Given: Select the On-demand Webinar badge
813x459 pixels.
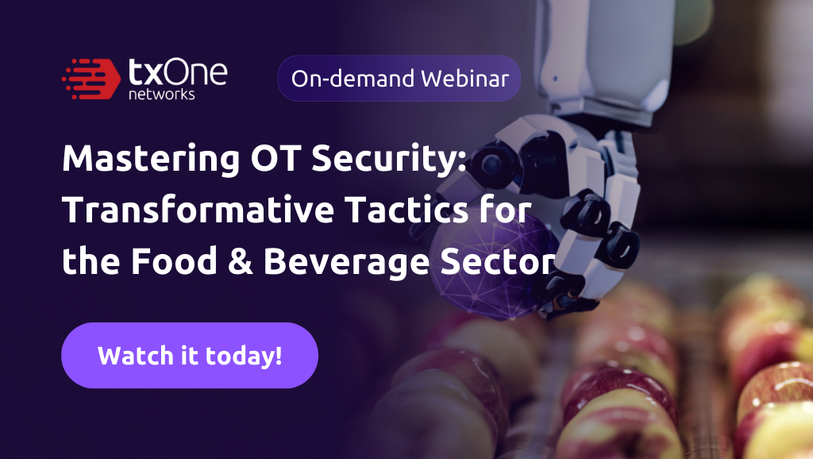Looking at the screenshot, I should [x=399, y=78].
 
